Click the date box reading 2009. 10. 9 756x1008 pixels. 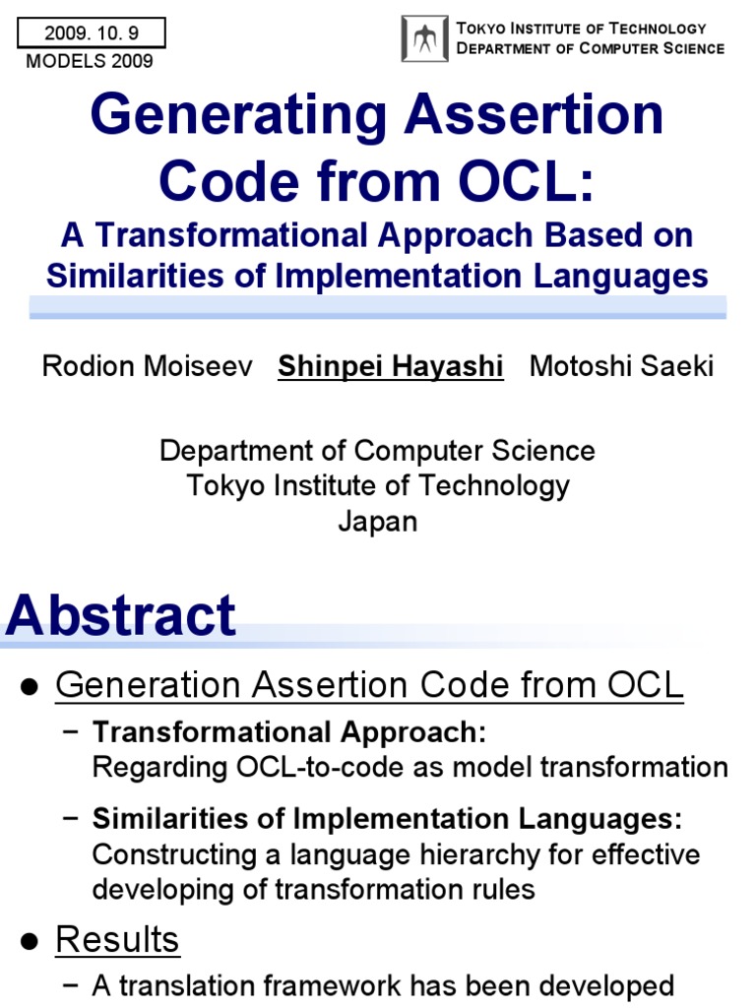92,33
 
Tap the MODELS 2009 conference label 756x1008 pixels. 90,62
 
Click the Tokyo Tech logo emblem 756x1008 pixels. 425,39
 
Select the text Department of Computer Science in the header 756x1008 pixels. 591,48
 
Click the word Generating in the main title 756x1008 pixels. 235,116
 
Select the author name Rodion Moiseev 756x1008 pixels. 147,367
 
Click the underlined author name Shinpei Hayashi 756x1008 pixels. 391,367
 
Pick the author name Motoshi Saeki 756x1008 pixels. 621,367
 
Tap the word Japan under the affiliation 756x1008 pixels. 378,521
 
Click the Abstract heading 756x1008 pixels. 120,616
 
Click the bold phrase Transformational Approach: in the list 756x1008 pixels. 288,732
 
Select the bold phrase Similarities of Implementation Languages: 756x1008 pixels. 387,819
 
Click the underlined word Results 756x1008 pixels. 117,940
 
